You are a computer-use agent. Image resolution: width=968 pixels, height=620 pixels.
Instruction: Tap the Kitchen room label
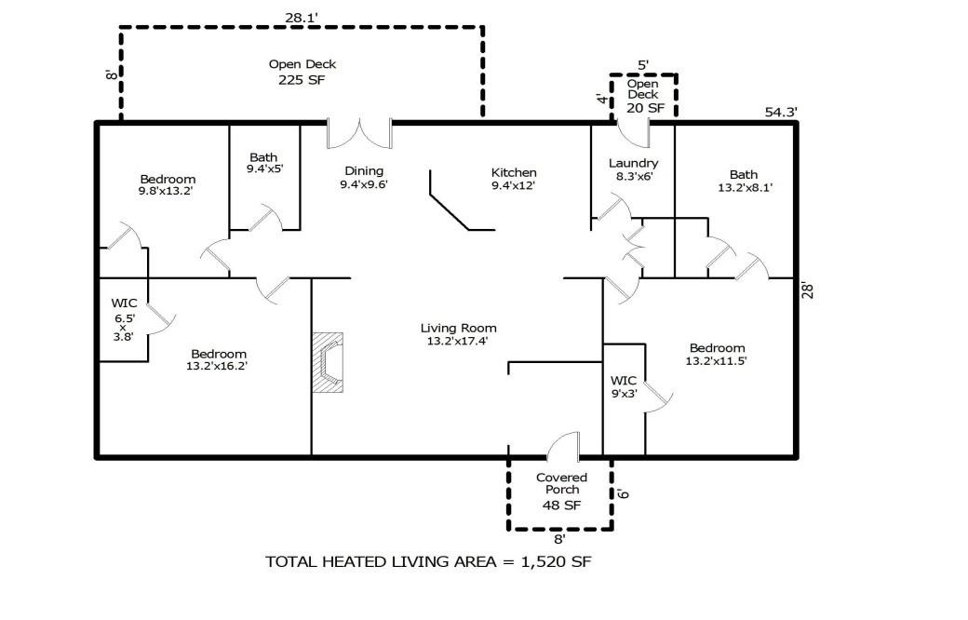point(514,172)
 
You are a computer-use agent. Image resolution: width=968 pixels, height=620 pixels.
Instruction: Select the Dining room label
point(364,171)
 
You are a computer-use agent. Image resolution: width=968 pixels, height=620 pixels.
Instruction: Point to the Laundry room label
point(633,164)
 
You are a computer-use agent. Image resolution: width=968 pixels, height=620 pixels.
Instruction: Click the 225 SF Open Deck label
point(302,72)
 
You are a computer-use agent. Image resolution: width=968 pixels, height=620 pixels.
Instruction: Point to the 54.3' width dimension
point(780,113)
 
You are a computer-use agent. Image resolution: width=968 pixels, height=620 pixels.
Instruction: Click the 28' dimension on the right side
point(809,290)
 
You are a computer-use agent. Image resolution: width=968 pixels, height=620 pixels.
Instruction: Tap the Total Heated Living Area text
point(428,561)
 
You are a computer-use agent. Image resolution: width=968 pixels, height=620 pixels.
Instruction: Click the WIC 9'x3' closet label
point(624,386)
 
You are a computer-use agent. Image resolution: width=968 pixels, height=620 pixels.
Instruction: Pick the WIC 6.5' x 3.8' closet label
point(124,319)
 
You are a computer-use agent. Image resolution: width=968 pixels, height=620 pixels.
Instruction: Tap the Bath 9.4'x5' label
point(263,164)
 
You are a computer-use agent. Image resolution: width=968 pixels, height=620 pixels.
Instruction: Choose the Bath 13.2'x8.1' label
point(744,181)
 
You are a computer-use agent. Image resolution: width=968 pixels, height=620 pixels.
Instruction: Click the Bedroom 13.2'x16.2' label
point(219,359)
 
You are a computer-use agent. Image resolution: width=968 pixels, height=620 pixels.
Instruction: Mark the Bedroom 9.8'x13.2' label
point(168,184)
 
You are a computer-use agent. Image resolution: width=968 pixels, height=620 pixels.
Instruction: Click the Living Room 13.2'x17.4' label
point(458,334)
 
